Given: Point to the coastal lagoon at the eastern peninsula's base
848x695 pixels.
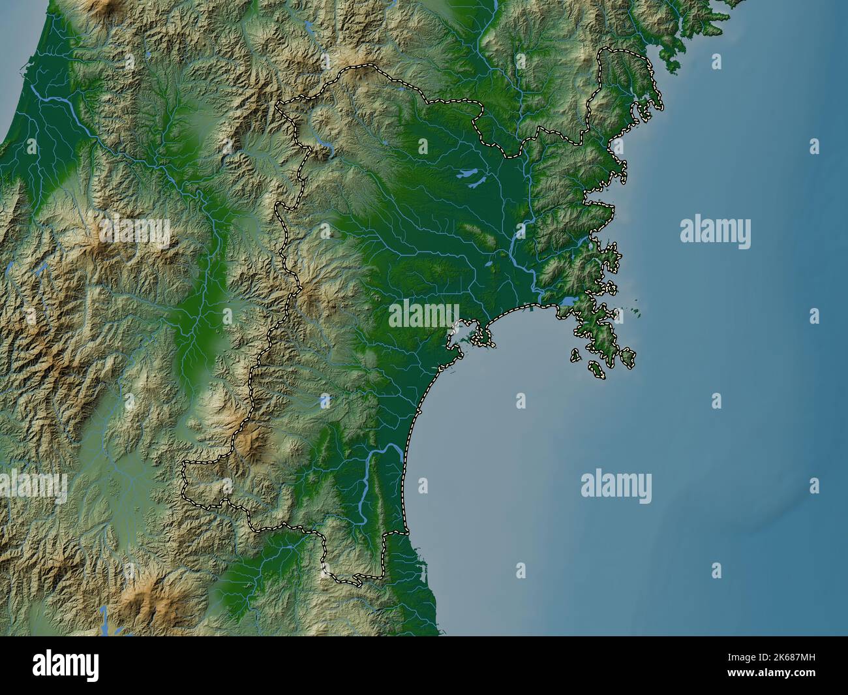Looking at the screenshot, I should coord(568,302).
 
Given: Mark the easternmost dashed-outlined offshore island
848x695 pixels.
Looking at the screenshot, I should coord(628,356).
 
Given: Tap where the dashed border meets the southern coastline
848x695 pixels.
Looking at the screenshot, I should coord(406,533).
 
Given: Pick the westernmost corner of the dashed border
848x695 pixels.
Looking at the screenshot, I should coord(184,465).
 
